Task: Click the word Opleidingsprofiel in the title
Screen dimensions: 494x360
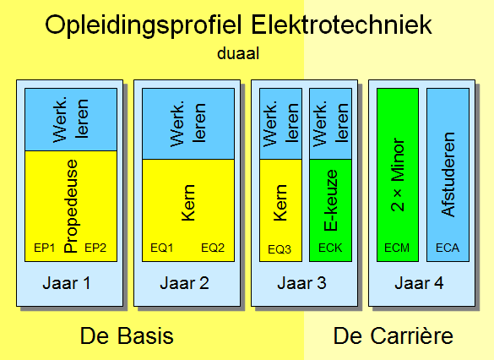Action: pos(144,26)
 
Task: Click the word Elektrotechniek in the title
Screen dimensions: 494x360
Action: pos(341,25)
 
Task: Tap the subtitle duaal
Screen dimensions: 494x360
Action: pos(238,53)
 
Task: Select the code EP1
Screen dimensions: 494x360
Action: pos(45,248)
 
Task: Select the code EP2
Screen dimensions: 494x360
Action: pos(95,248)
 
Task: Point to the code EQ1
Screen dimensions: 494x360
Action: pos(161,248)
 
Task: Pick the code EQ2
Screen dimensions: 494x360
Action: pos(213,248)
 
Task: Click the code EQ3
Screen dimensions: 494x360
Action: pos(280,249)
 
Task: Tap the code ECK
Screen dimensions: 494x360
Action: pos(330,248)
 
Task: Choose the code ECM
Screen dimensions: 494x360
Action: pos(397,248)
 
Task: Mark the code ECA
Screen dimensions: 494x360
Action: pos(448,248)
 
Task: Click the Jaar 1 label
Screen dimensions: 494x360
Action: pos(67,283)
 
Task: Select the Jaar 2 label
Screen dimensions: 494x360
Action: pos(184,283)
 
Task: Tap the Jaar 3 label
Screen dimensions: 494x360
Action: pos(301,283)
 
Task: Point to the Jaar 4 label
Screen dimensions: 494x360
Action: pos(419,283)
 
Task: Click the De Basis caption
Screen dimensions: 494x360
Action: pos(127,335)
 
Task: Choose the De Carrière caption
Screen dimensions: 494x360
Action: pos(394,335)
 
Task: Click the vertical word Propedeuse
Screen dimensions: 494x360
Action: pos(71,206)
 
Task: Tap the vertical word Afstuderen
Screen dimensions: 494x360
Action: pos(448,174)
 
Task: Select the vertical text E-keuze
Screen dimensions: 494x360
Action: pos(330,200)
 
